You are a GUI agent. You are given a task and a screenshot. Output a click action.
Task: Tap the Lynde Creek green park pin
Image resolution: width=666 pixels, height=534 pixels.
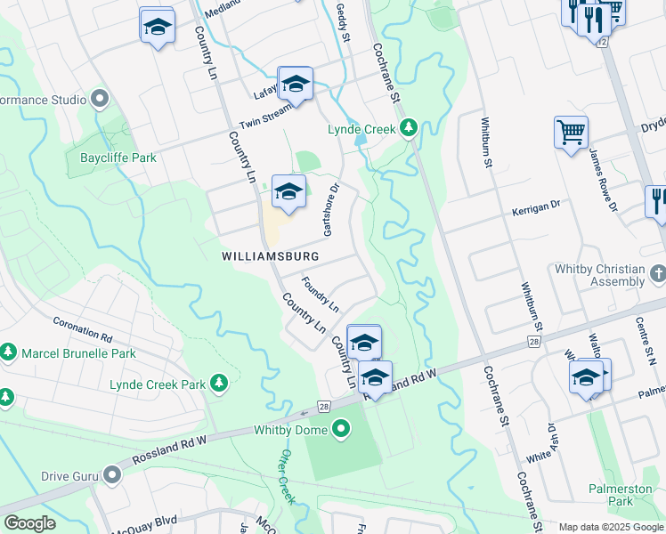(x=409, y=129)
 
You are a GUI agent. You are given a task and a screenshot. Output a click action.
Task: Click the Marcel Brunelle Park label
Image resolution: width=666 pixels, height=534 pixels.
(x=81, y=353)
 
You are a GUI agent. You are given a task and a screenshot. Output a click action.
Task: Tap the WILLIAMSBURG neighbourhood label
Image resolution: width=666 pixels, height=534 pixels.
(x=270, y=255)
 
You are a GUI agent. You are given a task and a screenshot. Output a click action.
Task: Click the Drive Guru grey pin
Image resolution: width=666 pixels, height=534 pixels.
(x=111, y=475)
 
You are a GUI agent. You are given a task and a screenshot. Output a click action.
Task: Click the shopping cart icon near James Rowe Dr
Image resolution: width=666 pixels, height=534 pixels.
(x=571, y=133)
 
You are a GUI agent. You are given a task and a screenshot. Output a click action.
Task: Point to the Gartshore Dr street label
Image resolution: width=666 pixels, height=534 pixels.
(x=333, y=211)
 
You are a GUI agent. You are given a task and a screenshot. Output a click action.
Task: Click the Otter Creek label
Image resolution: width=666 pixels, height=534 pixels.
(x=286, y=476)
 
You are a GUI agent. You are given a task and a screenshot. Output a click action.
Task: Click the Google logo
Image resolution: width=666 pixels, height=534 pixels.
(x=29, y=523)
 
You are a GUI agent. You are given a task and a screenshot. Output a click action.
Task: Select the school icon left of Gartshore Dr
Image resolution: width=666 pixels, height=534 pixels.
(x=288, y=191)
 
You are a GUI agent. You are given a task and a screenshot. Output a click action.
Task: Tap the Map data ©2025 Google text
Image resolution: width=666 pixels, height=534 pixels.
(x=611, y=527)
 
